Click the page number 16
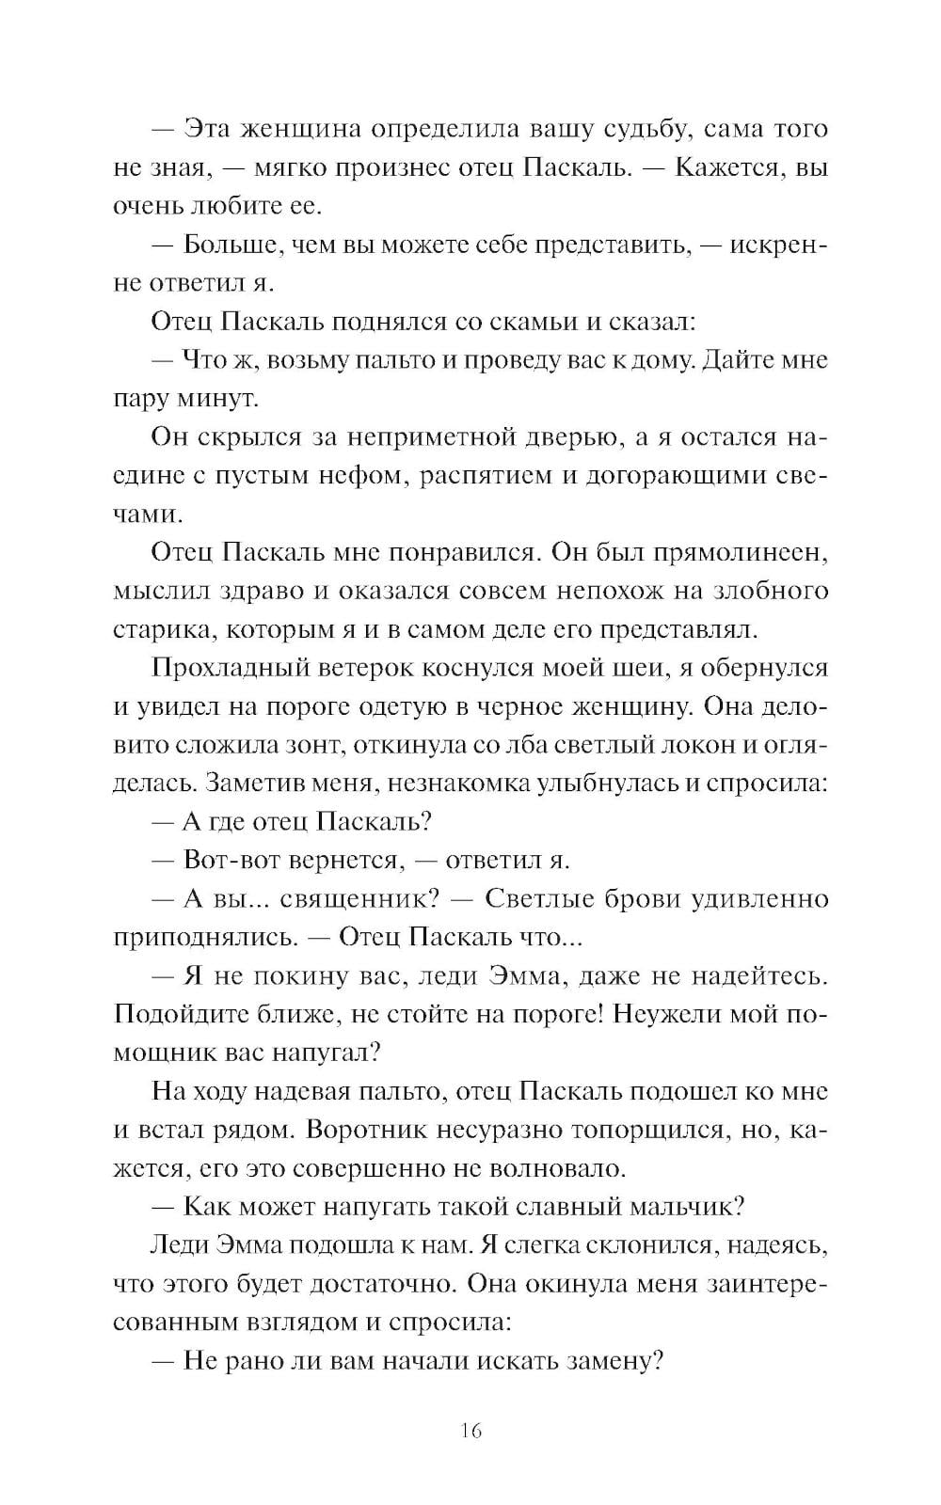coord(471,1432)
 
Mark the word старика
coord(157,630)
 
